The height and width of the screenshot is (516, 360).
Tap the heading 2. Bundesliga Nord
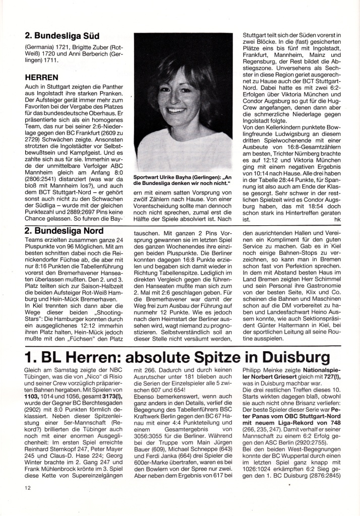tap(64, 231)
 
